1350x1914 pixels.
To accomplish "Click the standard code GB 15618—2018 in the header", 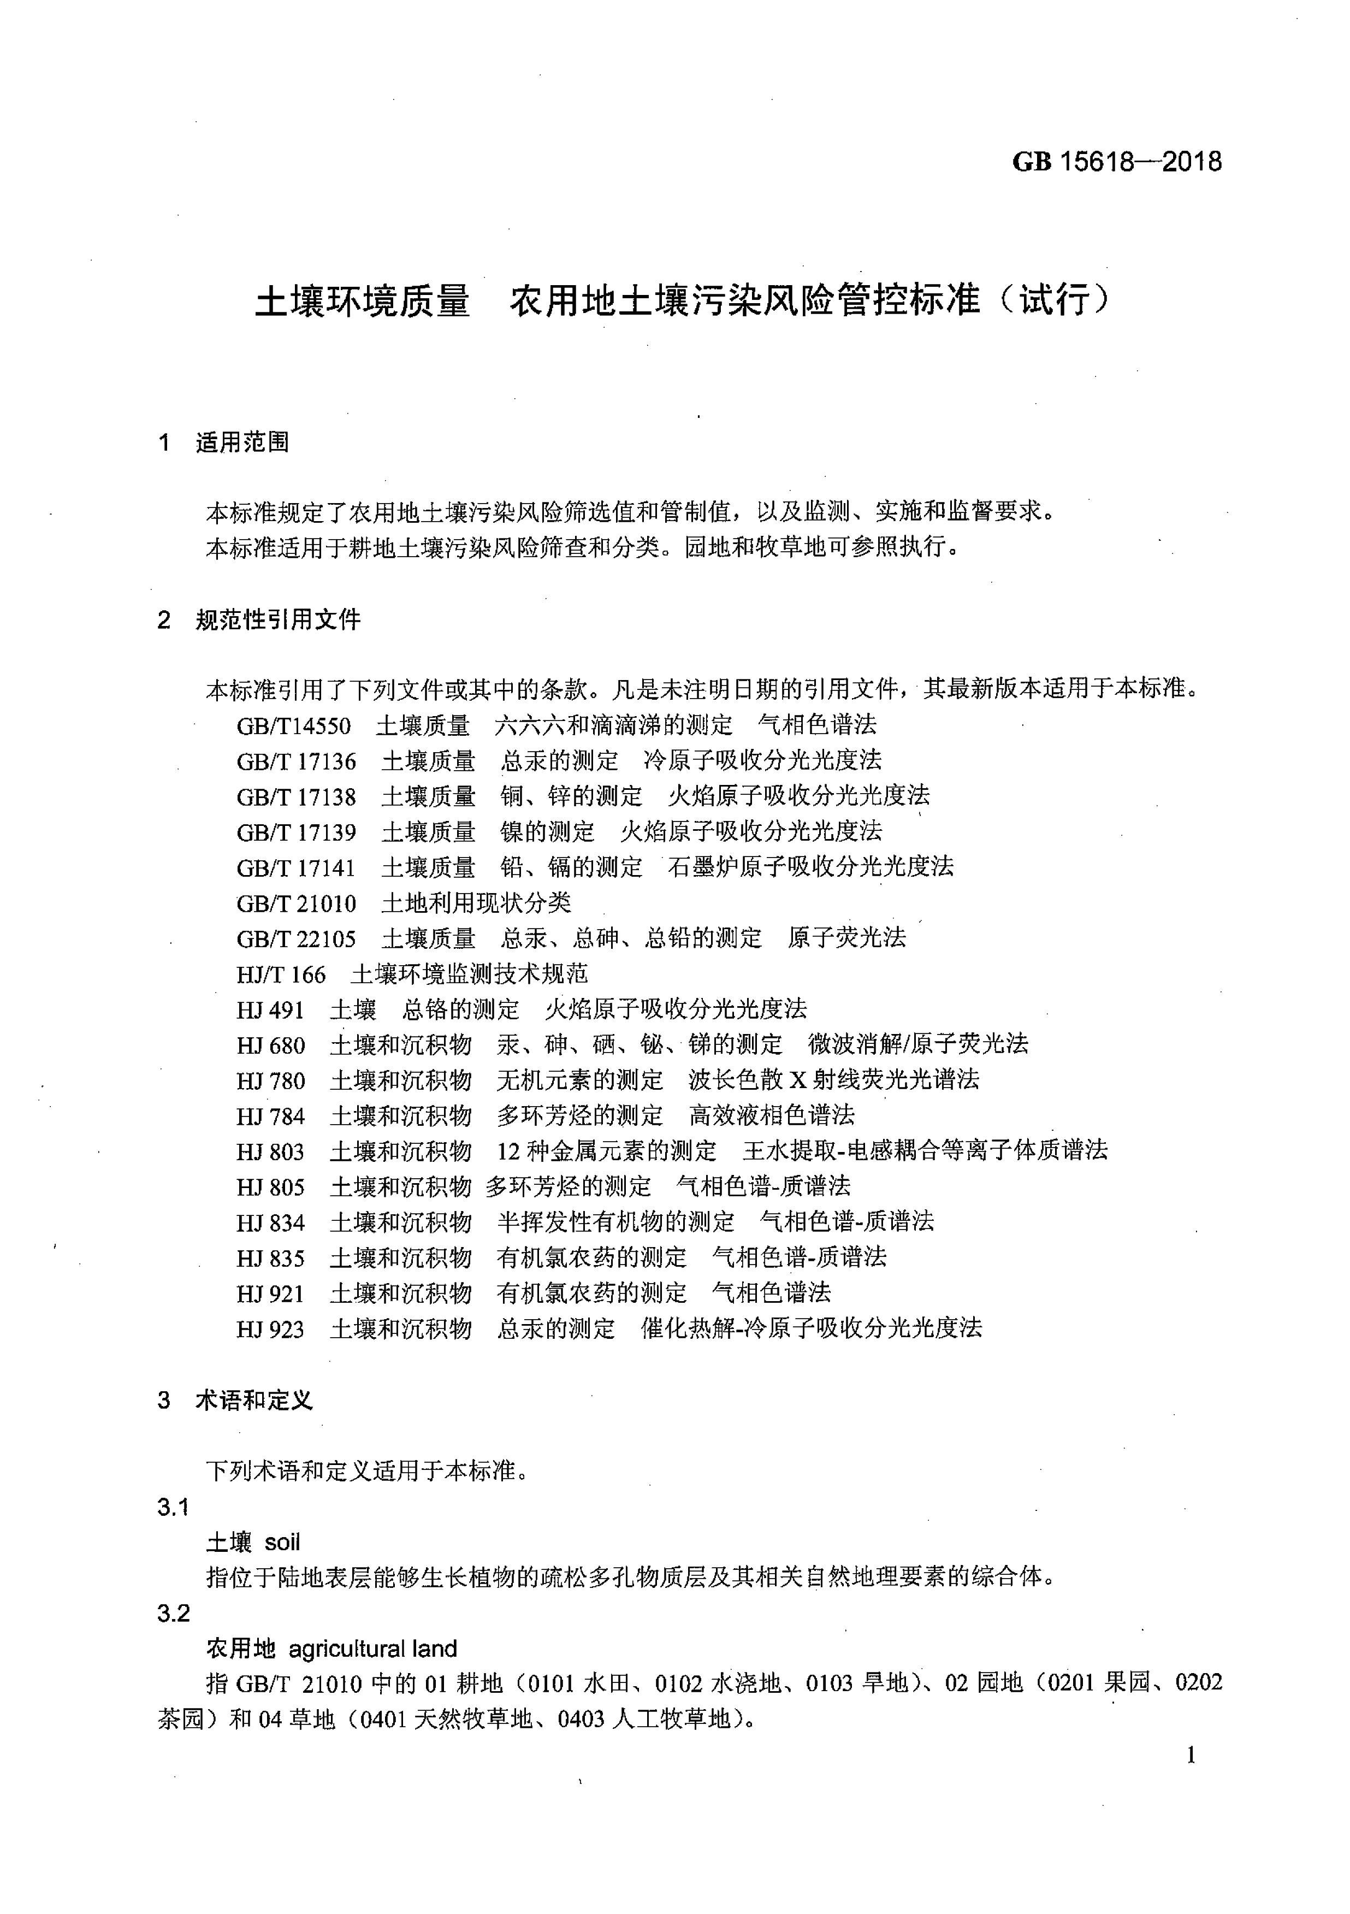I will [x=1117, y=161].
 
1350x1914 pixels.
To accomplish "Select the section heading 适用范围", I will [x=242, y=442].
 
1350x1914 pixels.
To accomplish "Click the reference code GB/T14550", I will [x=293, y=725].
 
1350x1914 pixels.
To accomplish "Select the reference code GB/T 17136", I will [x=296, y=761].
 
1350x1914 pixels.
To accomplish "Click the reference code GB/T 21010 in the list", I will [x=296, y=903].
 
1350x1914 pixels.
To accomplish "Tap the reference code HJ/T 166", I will [x=281, y=974].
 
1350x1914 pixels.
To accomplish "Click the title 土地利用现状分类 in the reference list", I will [x=476, y=903].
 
